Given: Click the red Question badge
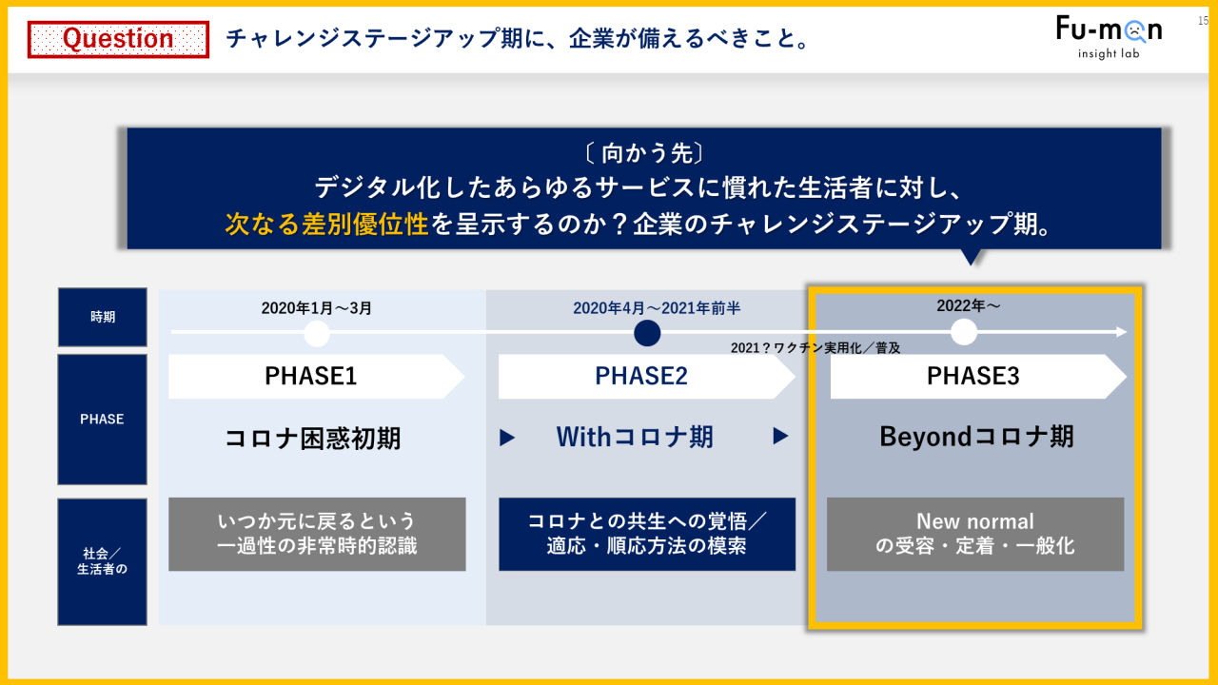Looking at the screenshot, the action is pos(118,39).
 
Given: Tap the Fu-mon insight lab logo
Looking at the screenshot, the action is pos(1109,37).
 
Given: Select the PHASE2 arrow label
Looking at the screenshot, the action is pos(646,376).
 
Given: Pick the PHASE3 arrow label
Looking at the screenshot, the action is pos(977,376).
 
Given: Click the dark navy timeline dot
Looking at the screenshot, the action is pos(647,333).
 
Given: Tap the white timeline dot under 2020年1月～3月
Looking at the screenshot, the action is pos(317,333).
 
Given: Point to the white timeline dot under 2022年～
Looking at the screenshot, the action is pos(964,332).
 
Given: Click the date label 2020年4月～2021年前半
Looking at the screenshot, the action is pos(657,308).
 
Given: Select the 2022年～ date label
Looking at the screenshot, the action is pos(968,305).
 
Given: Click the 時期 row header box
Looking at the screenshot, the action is pos(102,317).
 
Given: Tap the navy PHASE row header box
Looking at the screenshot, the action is pos(102,420).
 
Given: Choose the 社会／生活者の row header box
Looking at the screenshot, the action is pos(102,561).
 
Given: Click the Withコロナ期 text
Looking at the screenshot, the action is pos(634,437).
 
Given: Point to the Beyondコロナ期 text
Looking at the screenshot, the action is pos(976,437).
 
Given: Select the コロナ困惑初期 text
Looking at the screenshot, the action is pos(313,439).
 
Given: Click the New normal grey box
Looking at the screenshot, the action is pos(975,534).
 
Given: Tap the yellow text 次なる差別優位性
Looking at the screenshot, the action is pos(326,224).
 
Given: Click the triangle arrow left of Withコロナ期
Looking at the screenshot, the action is pos(507,438).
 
